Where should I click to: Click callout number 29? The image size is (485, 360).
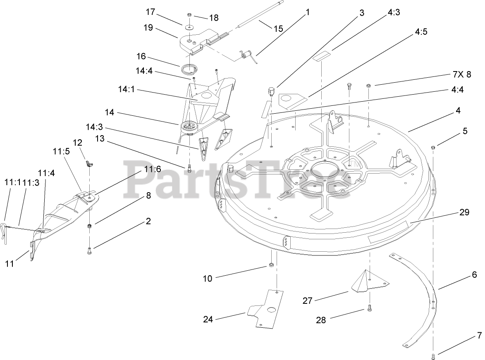464,212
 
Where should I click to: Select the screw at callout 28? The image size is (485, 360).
369,308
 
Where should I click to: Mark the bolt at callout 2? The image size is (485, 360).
90,250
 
